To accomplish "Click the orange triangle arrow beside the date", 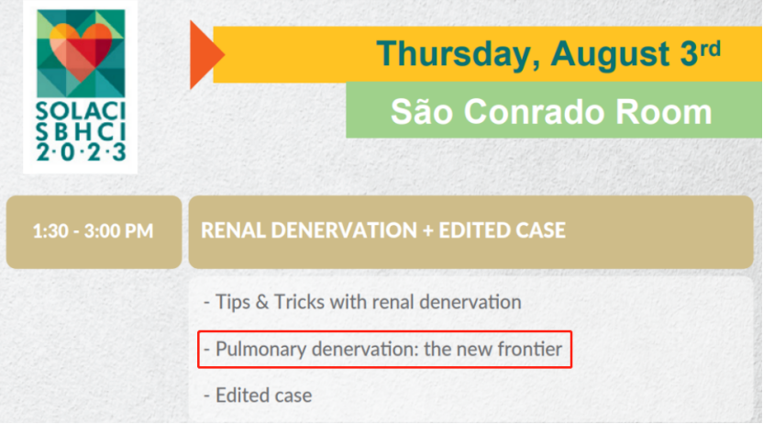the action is [x=204, y=54].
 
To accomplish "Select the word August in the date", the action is [x=612, y=54].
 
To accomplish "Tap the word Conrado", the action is [x=534, y=112].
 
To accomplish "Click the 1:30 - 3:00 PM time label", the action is [x=93, y=230].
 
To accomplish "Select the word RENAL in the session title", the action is [x=233, y=230].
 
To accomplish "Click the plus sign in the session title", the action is [x=428, y=230].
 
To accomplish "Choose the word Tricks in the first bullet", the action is [x=299, y=302].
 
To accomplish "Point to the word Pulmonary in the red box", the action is [x=260, y=350].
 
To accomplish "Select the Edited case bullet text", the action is [x=263, y=396].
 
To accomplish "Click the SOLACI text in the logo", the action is [x=81, y=111].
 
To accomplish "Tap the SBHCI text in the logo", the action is [x=81, y=132].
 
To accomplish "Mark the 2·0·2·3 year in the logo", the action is [x=81, y=151].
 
